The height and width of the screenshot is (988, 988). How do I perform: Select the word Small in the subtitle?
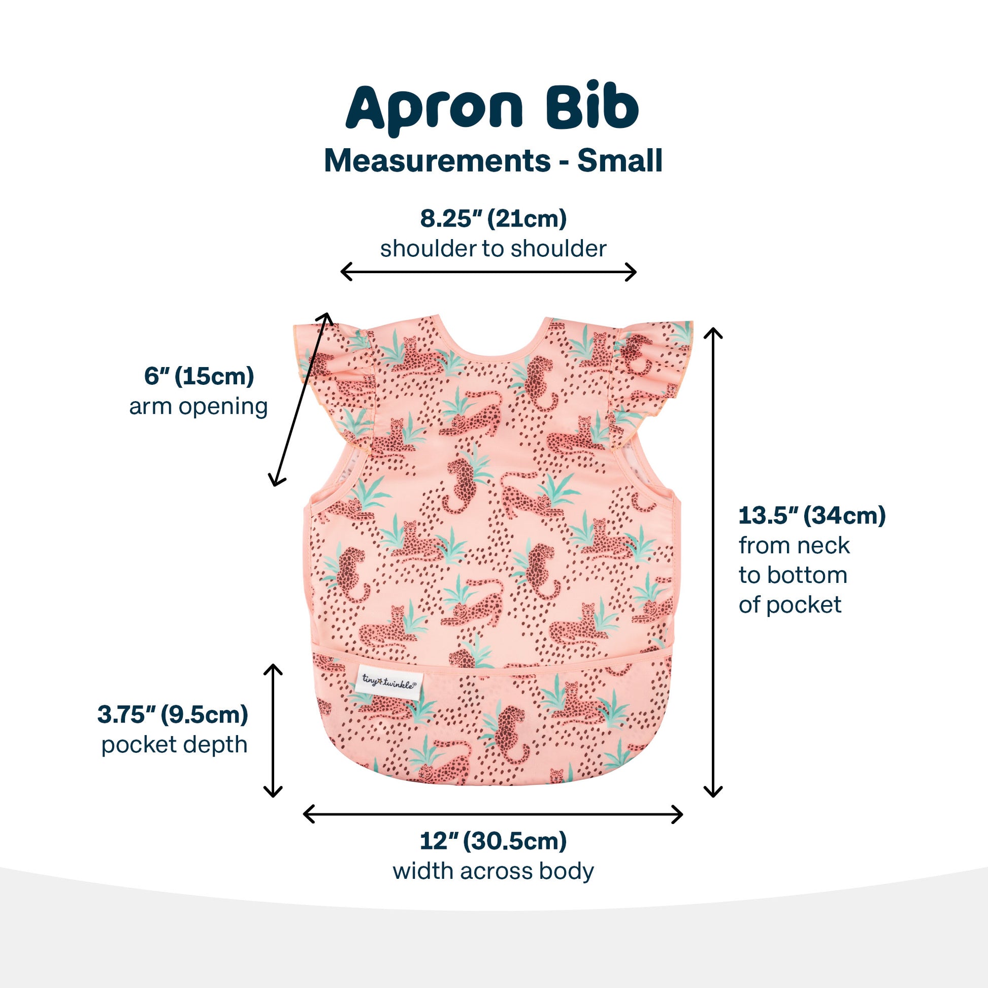[x=620, y=161]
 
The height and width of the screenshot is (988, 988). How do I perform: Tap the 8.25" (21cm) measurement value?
[x=493, y=219]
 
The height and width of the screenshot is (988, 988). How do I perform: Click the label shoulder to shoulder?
[x=493, y=249]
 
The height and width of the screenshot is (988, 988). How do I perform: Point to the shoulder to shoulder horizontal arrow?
[x=488, y=272]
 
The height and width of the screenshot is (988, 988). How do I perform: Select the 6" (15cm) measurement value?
[x=199, y=376]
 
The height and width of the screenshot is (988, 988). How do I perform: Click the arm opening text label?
[x=199, y=407]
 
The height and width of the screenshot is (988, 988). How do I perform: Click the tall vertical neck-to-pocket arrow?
[x=713, y=562]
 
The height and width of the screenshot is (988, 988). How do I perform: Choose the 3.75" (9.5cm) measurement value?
[x=173, y=714]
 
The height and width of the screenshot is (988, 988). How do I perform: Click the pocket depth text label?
[x=174, y=745]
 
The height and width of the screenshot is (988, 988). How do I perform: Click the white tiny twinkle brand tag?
[x=389, y=682]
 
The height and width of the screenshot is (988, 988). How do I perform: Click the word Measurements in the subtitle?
[x=437, y=161]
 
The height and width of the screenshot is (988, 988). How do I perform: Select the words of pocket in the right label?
[x=789, y=605]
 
